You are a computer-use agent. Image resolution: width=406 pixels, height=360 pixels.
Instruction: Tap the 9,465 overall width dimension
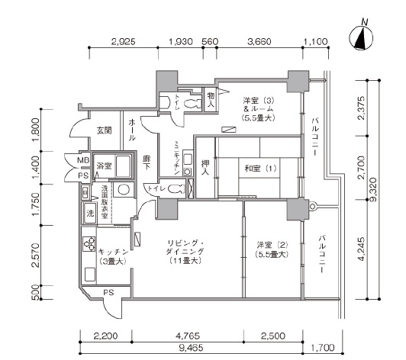(191, 348)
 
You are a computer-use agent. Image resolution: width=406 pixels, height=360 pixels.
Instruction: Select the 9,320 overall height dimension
(373, 190)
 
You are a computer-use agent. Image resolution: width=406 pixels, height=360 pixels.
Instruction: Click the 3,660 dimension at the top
(259, 42)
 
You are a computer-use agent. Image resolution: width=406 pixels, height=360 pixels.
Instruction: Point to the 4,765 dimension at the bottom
(188, 336)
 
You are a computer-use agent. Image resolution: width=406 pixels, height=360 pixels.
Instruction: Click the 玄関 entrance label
(104, 130)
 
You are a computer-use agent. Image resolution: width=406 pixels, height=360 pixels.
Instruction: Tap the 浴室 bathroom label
(104, 166)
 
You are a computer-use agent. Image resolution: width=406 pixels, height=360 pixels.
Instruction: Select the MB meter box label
(83, 160)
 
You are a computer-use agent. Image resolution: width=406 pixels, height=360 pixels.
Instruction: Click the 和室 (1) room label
(260, 169)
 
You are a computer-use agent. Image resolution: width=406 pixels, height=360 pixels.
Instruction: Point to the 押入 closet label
(205, 167)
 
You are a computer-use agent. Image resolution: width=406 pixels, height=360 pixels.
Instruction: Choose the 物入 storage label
(211, 100)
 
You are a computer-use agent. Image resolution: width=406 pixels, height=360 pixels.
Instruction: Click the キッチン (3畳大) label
(113, 256)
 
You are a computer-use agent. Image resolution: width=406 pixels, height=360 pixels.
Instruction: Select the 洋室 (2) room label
(272, 249)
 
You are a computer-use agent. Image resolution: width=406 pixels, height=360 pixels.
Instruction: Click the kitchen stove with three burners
(89, 244)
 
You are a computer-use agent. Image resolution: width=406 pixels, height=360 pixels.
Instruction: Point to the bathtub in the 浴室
(123, 166)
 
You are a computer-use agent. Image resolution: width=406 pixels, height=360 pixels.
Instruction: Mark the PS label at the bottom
(108, 292)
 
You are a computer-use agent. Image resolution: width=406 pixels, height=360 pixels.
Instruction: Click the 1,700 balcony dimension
(322, 347)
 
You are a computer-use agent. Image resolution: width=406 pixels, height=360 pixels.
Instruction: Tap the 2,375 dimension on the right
(361, 108)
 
